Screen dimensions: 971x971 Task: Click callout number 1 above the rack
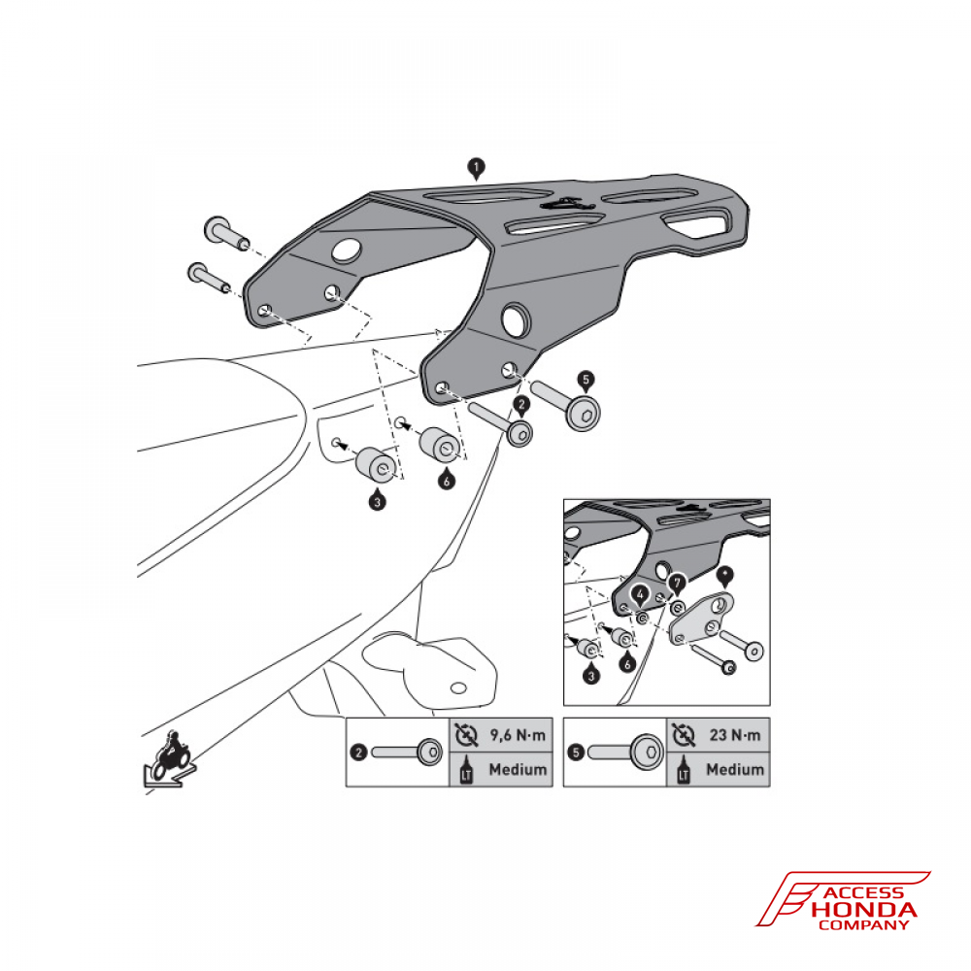[476, 168]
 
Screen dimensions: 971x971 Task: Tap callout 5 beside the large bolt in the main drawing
[586, 380]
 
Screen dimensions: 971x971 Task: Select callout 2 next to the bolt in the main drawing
[521, 405]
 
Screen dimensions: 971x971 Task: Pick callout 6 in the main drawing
[446, 480]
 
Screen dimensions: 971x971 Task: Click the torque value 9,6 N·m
[518, 735]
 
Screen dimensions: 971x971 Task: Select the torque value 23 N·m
[735, 735]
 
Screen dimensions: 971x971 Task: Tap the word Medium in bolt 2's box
[518, 770]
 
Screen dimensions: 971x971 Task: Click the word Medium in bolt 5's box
[735, 770]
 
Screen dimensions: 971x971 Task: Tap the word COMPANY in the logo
[864, 925]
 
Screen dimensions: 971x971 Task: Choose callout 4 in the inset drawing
[640, 596]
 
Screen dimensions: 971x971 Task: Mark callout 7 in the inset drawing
[677, 584]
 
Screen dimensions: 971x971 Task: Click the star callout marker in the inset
[724, 575]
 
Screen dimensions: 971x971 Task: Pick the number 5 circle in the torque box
[576, 753]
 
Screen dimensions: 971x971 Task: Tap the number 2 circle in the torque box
[358, 753]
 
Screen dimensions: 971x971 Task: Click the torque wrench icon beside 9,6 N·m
[466, 735]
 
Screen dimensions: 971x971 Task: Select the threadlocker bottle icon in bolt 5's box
[684, 769]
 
